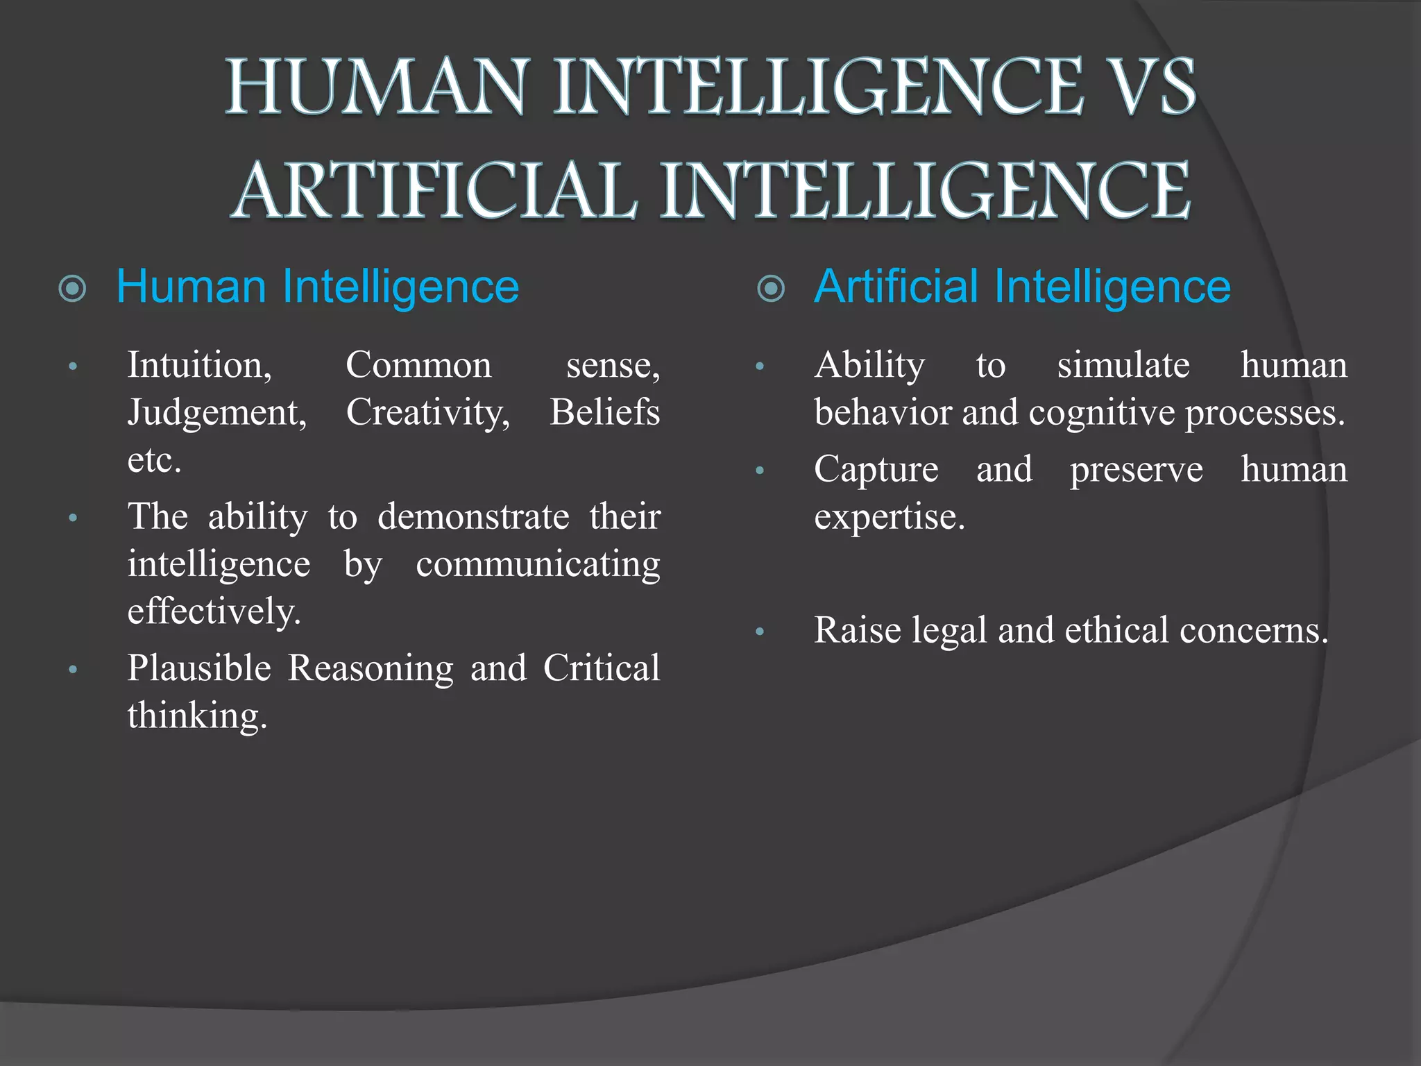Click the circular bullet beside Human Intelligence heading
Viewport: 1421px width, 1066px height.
pos(73,289)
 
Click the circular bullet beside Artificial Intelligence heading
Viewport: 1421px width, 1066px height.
pos(771,289)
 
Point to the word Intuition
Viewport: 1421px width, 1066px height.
pos(199,365)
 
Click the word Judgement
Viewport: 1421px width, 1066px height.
pos(217,412)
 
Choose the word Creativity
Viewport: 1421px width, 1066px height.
pos(428,412)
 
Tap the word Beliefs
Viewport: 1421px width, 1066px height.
pos(604,412)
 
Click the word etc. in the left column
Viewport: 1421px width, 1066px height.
pos(154,460)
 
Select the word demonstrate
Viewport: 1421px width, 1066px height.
pos(473,516)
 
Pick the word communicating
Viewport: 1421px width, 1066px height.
pos(538,564)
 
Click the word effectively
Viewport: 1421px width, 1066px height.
pos(214,611)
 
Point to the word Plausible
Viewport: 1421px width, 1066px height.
pos(199,668)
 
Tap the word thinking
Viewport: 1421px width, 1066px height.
pos(197,716)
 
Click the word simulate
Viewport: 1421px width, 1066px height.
pos(1123,365)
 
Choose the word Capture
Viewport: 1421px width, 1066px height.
pos(876,469)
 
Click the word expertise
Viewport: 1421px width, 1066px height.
pos(890,516)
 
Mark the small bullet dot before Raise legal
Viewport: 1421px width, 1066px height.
pos(760,632)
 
